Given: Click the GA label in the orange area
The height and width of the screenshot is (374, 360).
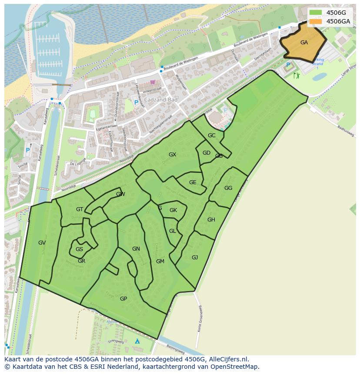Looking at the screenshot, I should pos(304,43).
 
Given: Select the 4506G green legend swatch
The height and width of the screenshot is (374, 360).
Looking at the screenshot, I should pos(316,13).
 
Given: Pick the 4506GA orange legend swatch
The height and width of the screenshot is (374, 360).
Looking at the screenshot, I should pos(316,21).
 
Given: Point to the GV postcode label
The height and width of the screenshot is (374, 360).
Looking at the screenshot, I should pos(42,243).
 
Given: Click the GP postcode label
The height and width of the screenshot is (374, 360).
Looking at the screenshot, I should pos(123,299).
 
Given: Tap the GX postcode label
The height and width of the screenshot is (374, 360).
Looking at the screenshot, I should pos(172,155).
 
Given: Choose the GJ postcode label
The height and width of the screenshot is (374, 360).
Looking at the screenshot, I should pos(195,258).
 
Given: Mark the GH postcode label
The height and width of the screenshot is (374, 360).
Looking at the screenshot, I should pos(211,220).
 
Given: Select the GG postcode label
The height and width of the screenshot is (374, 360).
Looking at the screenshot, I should pos(228,188).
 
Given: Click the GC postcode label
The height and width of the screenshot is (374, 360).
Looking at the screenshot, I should pos(211,136).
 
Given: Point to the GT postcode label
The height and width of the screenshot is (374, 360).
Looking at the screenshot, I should pos(80,209).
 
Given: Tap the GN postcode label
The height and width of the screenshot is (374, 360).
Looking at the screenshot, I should pos(136,249).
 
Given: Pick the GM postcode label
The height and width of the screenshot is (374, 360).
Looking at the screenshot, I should pos(160,261).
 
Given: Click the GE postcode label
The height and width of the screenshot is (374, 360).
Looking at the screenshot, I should pos(193,182).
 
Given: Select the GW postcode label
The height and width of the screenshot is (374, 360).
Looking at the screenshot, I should pos(120,194).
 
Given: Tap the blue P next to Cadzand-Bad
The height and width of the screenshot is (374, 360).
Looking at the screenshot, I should pos(136,103).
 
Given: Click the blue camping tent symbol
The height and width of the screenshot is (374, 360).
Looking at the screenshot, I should pos(137,341).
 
